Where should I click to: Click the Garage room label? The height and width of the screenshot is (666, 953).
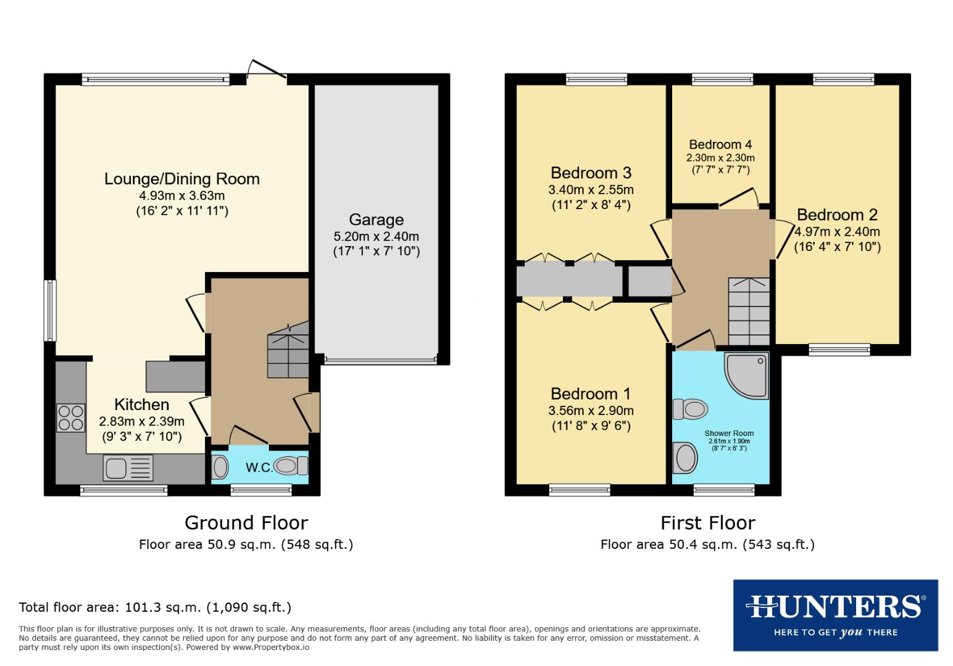pyautogui.click(x=376, y=220)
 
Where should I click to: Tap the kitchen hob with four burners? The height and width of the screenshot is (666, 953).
pyautogui.click(x=71, y=417)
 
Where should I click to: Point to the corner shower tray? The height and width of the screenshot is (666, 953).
pyautogui.click(x=747, y=374)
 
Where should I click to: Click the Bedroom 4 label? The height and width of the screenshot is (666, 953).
pyautogui.click(x=720, y=144)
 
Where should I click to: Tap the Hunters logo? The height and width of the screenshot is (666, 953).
pyautogui.click(x=835, y=615)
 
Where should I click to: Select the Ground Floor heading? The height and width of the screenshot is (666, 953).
pyautogui.click(x=246, y=523)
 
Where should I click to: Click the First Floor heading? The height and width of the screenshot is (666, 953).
pyautogui.click(x=707, y=523)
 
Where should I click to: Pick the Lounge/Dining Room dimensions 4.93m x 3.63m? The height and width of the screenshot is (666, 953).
pyautogui.click(x=182, y=195)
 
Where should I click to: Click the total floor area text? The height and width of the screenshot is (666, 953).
pyautogui.click(x=155, y=607)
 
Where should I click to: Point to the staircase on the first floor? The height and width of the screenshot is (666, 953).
pyautogui.click(x=749, y=311)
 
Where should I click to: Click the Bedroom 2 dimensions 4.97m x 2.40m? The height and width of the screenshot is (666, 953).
pyautogui.click(x=837, y=232)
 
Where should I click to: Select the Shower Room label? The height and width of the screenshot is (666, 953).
pyautogui.click(x=729, y=433)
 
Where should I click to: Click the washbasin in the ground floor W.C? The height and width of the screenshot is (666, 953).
pyautogui.click(x=220, y=467)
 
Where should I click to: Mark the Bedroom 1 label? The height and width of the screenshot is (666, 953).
pyautogui.click(x=591, y=393)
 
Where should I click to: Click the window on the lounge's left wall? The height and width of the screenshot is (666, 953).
pyautogui.click(x=50, y=311)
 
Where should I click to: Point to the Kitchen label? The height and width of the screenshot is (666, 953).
pyautogui.click(x=141, y=405)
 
